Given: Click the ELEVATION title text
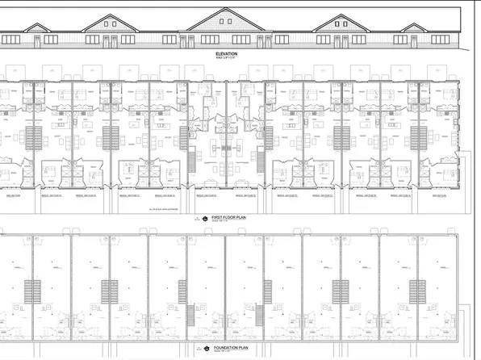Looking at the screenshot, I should [x=226, y=53].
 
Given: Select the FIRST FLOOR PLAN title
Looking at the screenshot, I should [x=228, y=218].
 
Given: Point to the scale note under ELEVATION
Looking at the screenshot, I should [x=226, y=59].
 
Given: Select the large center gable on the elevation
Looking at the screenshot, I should [x=226, y=21].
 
